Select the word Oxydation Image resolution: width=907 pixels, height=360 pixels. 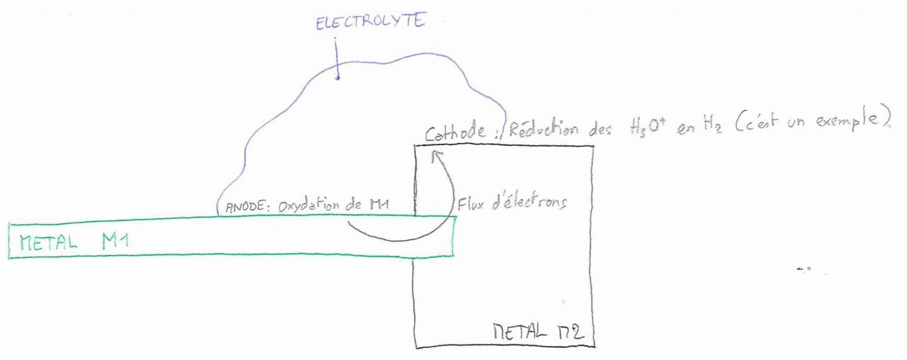305,207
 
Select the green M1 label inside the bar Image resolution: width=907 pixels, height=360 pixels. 113,240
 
